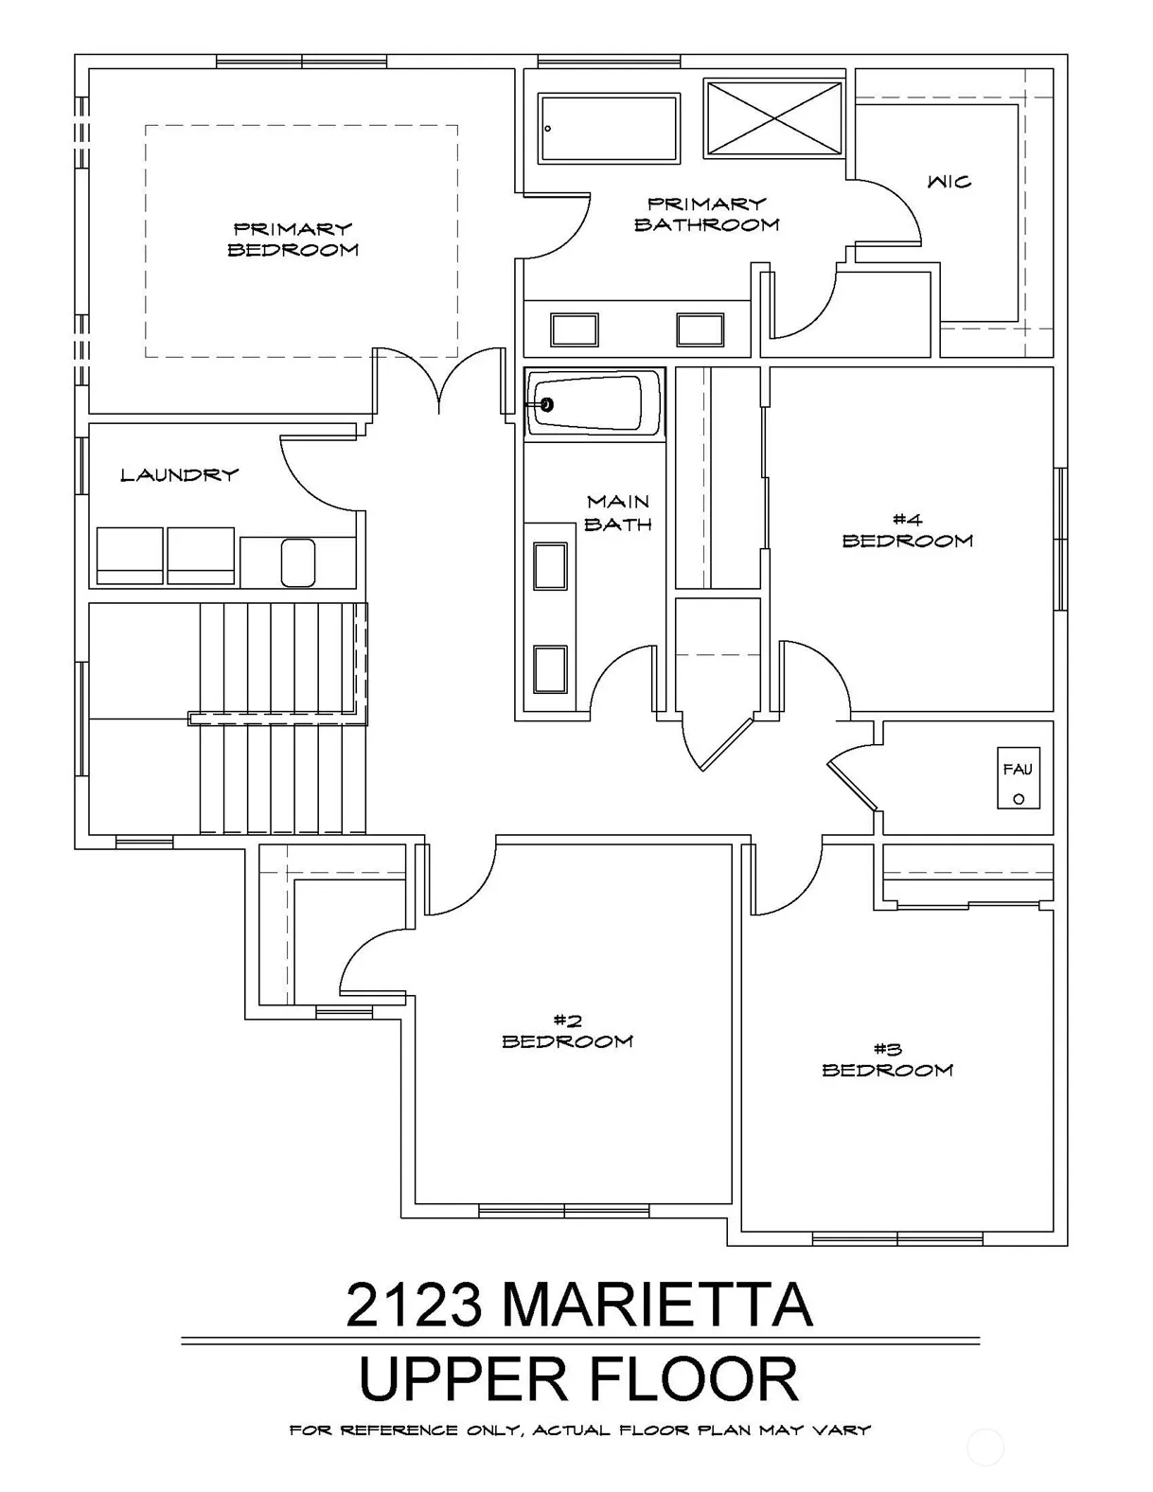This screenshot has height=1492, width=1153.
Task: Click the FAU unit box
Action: [x=1018, y=777]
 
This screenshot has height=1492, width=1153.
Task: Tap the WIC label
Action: [x=949, y=182]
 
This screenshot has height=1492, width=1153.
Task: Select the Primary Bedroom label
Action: [x=293, y=240]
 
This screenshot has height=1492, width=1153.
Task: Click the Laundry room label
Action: [x=179, y=474]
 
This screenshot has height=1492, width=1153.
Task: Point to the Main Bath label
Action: [x=617, y=513]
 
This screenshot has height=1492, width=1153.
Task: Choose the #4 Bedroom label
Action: [x=907, y=531]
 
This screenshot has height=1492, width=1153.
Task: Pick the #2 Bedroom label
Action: [x=567, y=1031]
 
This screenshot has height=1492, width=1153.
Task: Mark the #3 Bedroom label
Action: [x=887, y=1060]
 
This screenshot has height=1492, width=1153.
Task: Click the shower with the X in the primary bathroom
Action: [x=774, y=118]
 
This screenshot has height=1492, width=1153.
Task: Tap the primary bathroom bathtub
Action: [x=610, y=129]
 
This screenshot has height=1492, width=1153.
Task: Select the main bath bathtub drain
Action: [x=546, y=404]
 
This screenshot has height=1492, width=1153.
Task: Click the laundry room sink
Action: [x=298, y=562]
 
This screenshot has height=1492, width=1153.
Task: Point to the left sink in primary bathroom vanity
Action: [x=574, y=329]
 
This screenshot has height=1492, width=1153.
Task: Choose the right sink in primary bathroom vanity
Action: [x=701, y=329]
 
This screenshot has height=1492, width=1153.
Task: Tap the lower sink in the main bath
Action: [x=550, y=669]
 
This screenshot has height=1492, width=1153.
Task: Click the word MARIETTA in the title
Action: [x=658, y=1304]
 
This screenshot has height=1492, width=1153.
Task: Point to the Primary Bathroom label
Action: [x=706, y=214]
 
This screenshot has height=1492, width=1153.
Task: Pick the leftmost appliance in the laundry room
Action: [x=130, y=556]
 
